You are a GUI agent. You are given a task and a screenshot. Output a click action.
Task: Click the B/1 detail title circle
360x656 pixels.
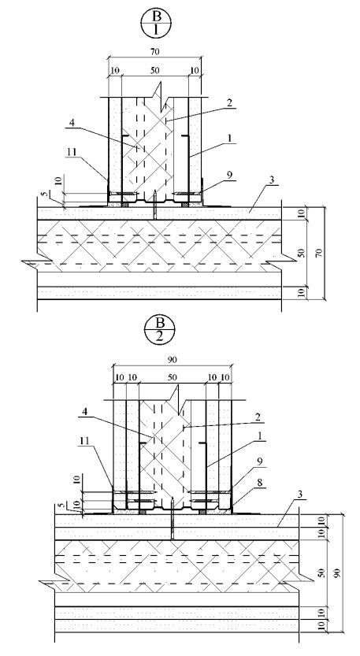(157, 24)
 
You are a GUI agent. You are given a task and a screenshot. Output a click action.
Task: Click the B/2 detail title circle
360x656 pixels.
(159, 329)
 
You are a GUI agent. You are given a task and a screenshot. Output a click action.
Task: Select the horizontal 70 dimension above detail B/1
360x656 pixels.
(155, 51)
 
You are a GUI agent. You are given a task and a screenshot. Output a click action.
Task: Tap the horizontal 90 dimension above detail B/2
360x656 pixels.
(172, 359)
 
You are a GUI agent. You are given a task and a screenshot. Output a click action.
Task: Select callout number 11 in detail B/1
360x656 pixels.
(72, 152)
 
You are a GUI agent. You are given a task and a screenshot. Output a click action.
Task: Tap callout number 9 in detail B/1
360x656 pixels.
(230, 176)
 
